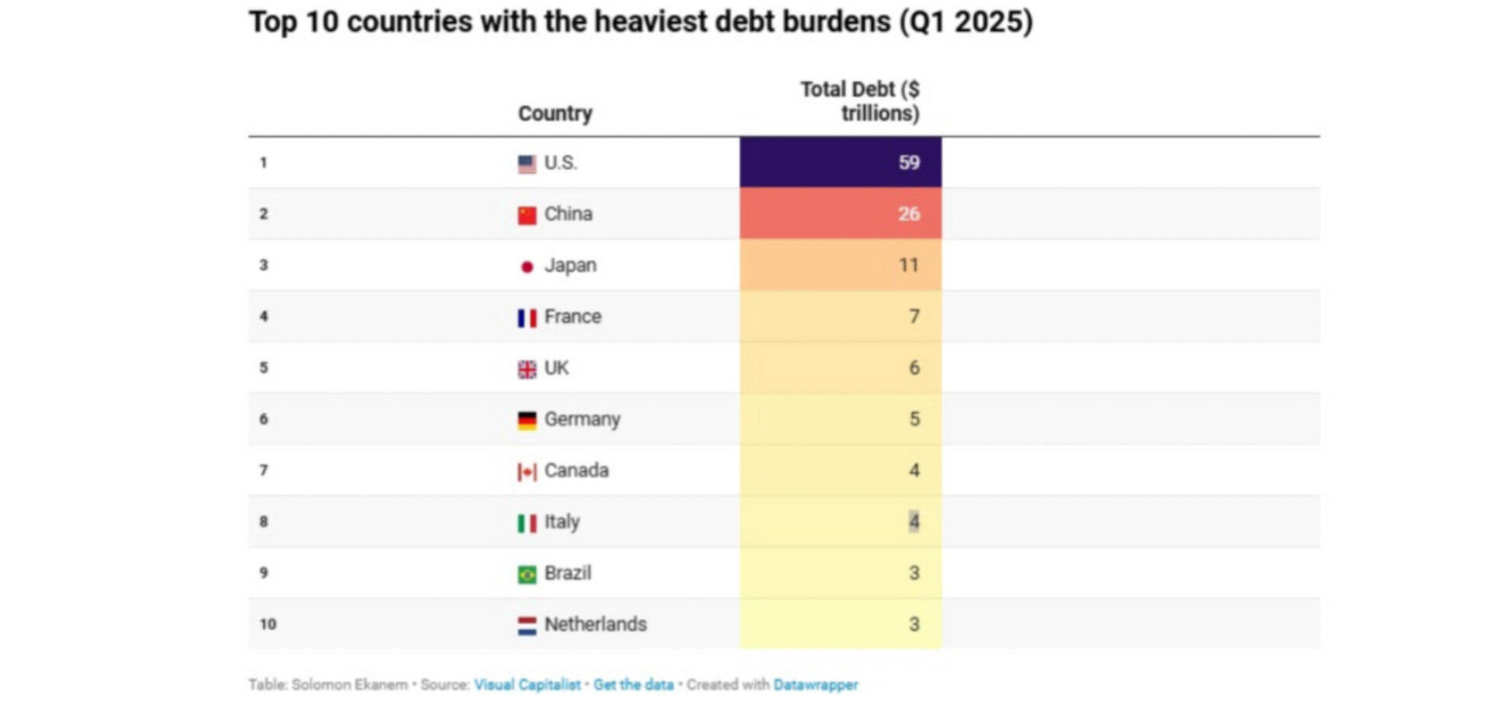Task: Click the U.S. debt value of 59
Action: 908,162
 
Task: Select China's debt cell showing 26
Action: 908,214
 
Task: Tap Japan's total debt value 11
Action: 908,265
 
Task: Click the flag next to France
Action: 526,318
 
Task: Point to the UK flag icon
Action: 526,369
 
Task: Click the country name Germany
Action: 582,420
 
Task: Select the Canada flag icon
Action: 526,472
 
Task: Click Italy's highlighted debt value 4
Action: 914,522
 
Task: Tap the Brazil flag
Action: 526,574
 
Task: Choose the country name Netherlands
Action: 595,624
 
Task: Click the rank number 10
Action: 267,624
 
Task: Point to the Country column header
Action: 555,113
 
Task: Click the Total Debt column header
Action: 860,101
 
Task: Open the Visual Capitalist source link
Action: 527,685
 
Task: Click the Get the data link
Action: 633,685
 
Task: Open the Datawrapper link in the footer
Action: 815,685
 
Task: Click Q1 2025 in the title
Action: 966,22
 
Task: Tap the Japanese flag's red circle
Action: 526,267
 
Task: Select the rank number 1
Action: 264,162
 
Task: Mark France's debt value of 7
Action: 914,316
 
